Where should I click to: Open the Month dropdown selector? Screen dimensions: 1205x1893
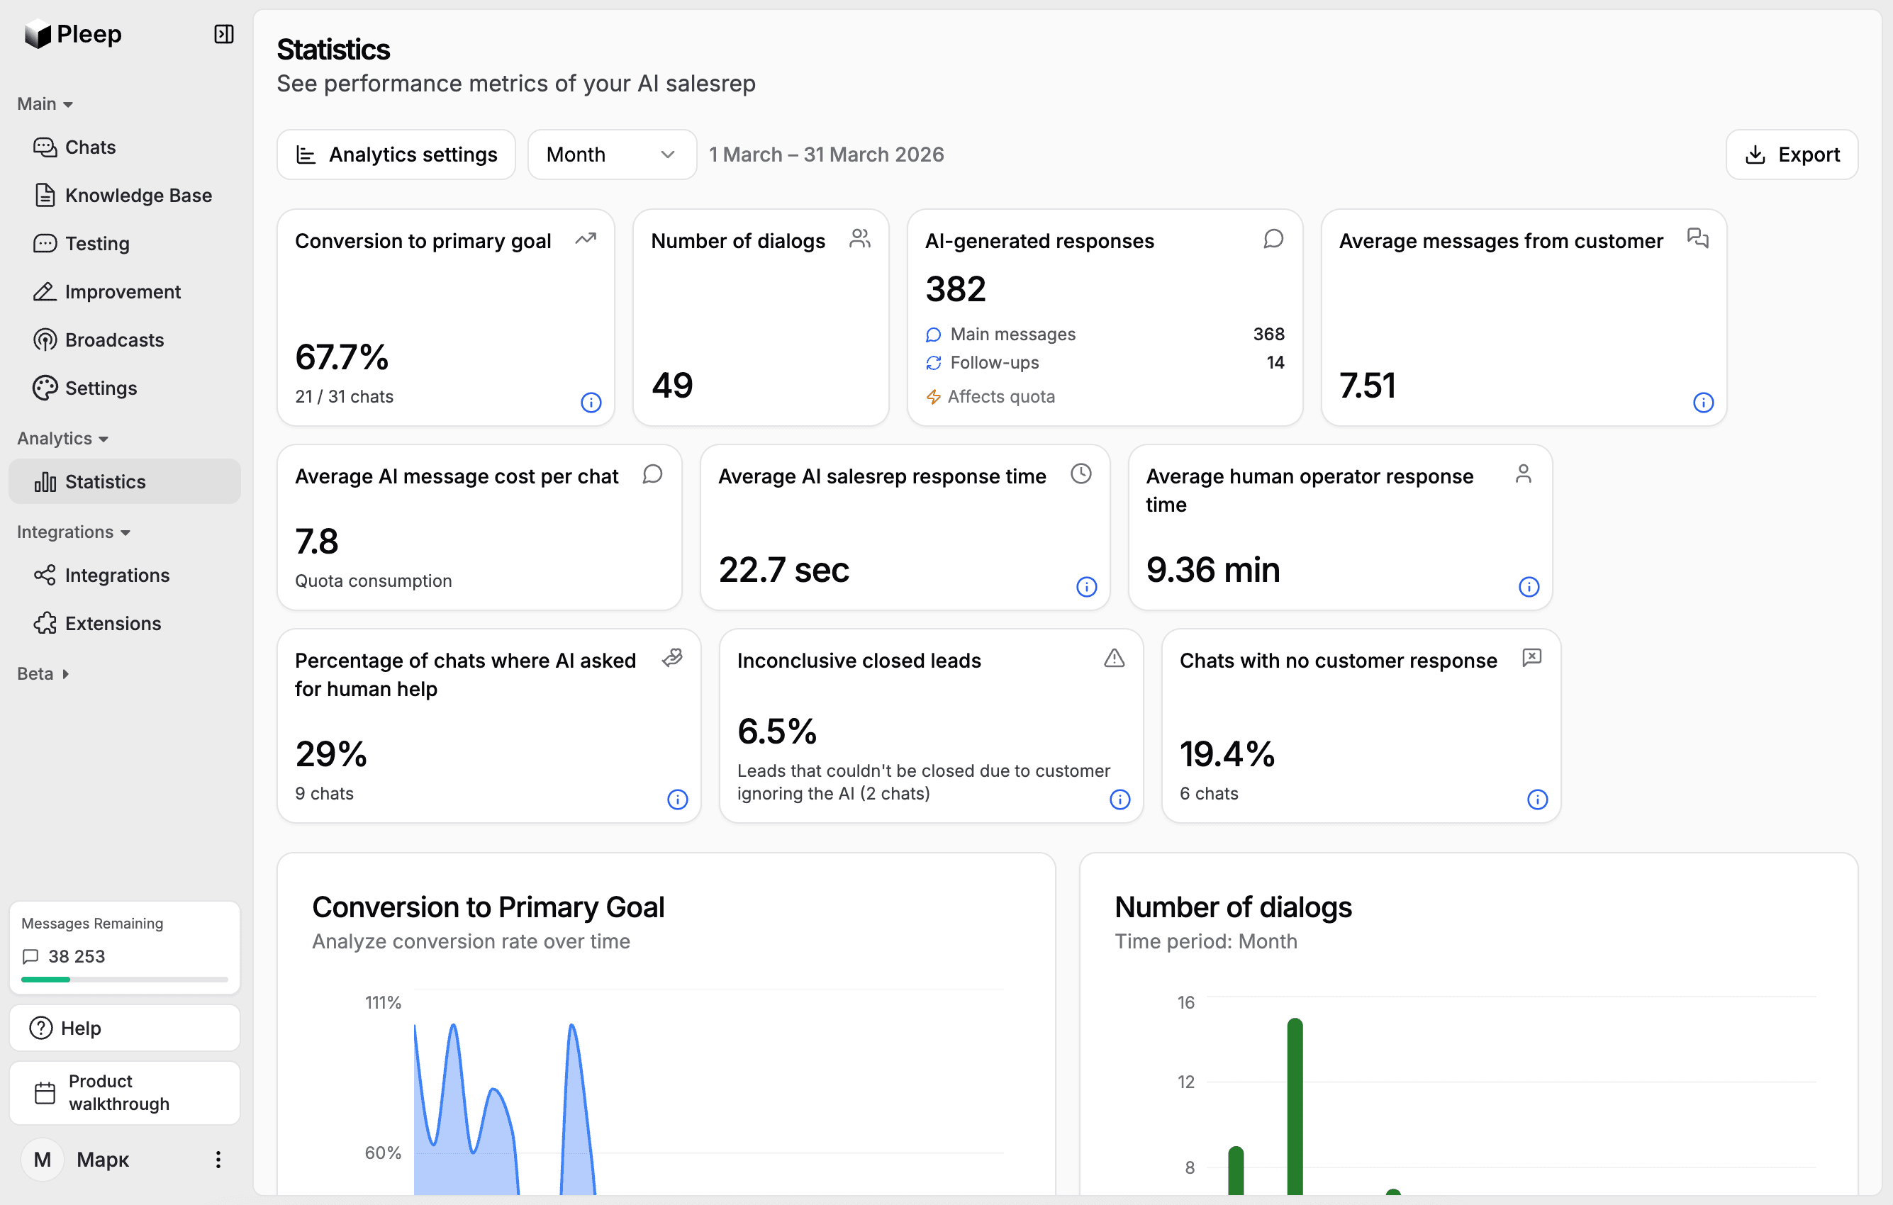[x=611, y=155]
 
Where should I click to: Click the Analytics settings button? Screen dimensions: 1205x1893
[x=396, y=155]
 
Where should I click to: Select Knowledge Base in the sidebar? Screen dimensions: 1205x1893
[x=138, y=195]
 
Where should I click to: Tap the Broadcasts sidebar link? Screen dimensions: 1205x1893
[x=114, y=340]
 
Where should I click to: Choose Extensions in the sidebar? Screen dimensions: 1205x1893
[x=113, y=623]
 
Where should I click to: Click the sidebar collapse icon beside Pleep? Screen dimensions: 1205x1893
[x=223, y=34]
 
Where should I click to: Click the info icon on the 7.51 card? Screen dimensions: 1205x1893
[x=1703, y=403]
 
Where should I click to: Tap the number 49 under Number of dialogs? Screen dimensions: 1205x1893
[x=672, y=385]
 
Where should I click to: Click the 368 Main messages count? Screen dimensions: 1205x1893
[x=1268, y=334]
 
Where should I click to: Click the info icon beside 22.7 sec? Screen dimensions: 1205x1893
[x=1085, y=587]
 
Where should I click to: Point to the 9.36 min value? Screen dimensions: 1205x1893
[x=1212, y=570]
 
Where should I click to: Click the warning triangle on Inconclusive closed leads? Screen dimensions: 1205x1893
[x=1113, y=658]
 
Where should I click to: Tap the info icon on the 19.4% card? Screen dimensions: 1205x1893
[x=1537, y=800]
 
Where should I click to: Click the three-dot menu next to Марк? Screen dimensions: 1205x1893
[x=218, y=1160]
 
